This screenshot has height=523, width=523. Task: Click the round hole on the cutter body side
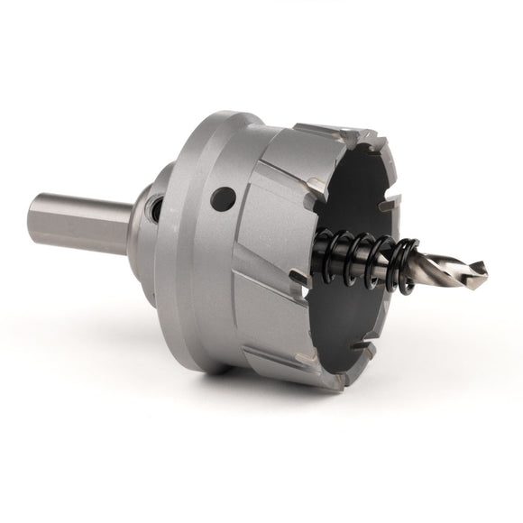tap(221, 197)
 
